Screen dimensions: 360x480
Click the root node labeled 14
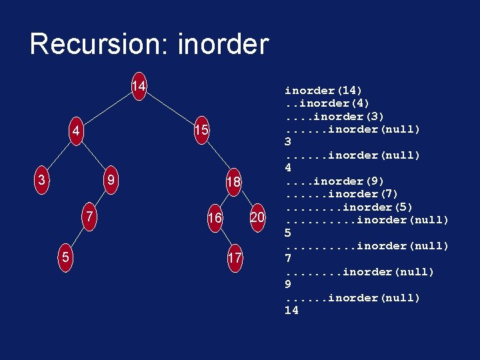[x=139, y=87]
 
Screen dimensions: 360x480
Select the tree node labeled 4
[x=77, y=131]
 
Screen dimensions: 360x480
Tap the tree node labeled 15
[x=201, y=131]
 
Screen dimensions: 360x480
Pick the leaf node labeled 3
[x=42, y=180]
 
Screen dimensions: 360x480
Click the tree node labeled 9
[x=113, y=180]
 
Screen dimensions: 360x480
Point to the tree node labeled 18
[x=233, y=182]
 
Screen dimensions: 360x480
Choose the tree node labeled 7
[x=89, y=217]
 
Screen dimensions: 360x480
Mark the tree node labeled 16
[x=215, y=217]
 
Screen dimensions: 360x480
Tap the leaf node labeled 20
[x=257, y=217]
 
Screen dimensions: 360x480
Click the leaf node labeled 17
[x=235, y=257]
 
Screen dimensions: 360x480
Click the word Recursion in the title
[x=99, y=45]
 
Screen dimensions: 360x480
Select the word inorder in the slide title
[x=223, y=45]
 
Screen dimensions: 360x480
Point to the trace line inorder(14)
[x=323, y=91]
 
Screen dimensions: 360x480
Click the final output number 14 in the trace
[x=291, y=311]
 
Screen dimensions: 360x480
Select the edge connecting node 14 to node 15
[x=170, y=109]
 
